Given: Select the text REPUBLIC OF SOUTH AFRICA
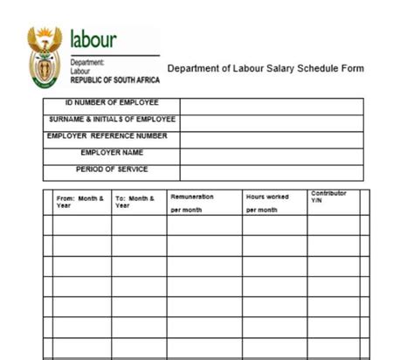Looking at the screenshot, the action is point(114,77).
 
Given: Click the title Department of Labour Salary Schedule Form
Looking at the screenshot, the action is point(266,68).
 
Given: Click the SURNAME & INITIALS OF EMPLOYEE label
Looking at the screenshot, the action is point(113,120).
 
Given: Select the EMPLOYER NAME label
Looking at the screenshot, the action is point(112,153).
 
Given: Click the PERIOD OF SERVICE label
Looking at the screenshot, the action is point(112,169).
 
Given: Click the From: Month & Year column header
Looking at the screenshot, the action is point(80,201).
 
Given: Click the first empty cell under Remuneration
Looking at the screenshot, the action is point(204,225).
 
